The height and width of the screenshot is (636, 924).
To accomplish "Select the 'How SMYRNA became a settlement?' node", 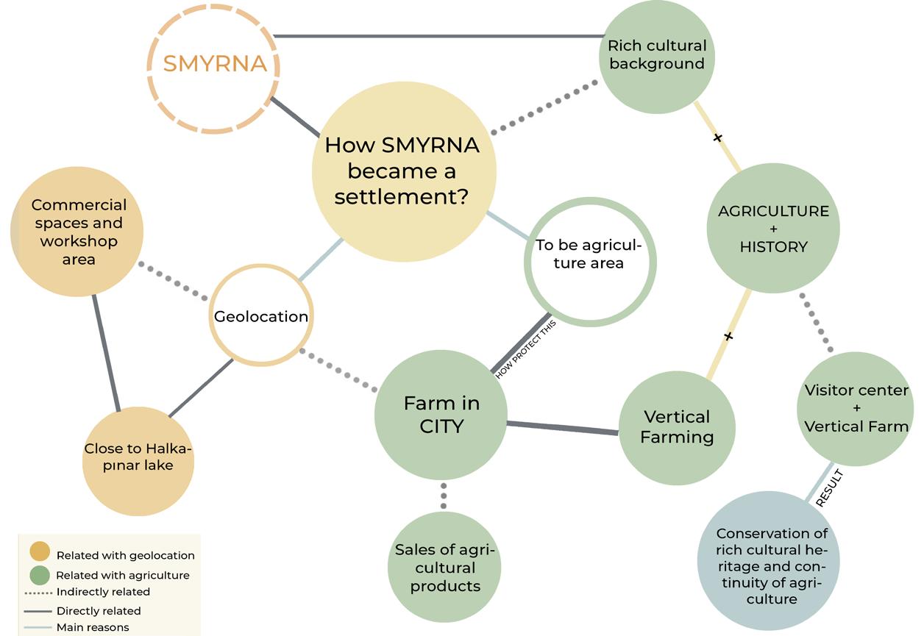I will tap(402, 171).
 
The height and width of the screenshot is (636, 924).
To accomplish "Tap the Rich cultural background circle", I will tap(656, 55).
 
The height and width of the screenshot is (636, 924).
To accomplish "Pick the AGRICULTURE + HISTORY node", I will tap(772, 228).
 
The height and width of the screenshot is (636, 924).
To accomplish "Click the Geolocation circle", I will tap(261, 316).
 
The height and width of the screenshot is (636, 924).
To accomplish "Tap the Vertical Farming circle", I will tap(677, 426).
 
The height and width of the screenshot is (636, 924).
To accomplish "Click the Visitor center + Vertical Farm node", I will tap(856, 408).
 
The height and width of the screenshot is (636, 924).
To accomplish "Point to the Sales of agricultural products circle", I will tap(444, 568).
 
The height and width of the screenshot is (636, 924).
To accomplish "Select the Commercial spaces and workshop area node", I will tap(78, 232).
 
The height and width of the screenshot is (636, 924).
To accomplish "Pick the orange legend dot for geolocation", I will tap(40, 551).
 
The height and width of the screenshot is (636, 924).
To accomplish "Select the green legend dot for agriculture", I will tap(40, 575).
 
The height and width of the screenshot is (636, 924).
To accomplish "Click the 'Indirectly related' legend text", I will tap(103, 592).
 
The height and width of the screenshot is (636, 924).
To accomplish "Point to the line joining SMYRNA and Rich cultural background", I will tap(438, 35).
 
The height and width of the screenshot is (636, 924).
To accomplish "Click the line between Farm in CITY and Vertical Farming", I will tap(563, 427).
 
